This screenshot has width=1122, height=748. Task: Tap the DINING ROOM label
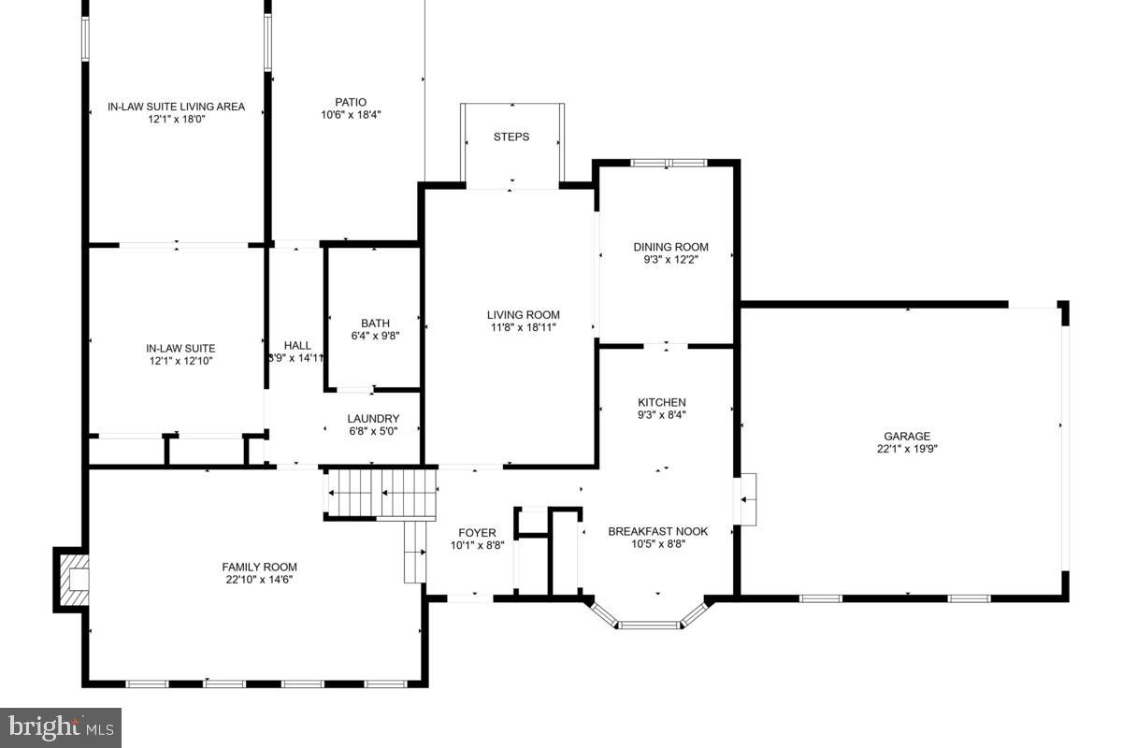[670, 247]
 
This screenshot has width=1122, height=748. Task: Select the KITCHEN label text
[662, 402]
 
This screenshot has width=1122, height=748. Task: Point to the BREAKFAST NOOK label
[658, 531]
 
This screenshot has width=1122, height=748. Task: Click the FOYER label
[478, 532]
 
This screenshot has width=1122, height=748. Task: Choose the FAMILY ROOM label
[259, 567]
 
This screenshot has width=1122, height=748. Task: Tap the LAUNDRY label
[373, 419]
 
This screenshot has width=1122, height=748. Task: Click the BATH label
[375, 324]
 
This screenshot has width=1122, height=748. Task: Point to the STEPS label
[511, 137]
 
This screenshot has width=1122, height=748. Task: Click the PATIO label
[351, 102]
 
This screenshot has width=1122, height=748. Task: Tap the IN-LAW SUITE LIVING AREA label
[176, 107]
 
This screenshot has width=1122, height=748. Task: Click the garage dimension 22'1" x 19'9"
[907, 449]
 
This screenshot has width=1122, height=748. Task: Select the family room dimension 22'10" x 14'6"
[259, 580]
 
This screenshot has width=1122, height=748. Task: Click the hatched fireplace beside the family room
[72, 580]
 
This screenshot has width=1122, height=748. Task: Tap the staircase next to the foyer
[381, 494]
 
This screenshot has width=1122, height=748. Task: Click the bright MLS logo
[61, 726]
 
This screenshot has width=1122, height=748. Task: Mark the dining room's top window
[668, 164]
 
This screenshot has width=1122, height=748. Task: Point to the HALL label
[297, 345]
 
